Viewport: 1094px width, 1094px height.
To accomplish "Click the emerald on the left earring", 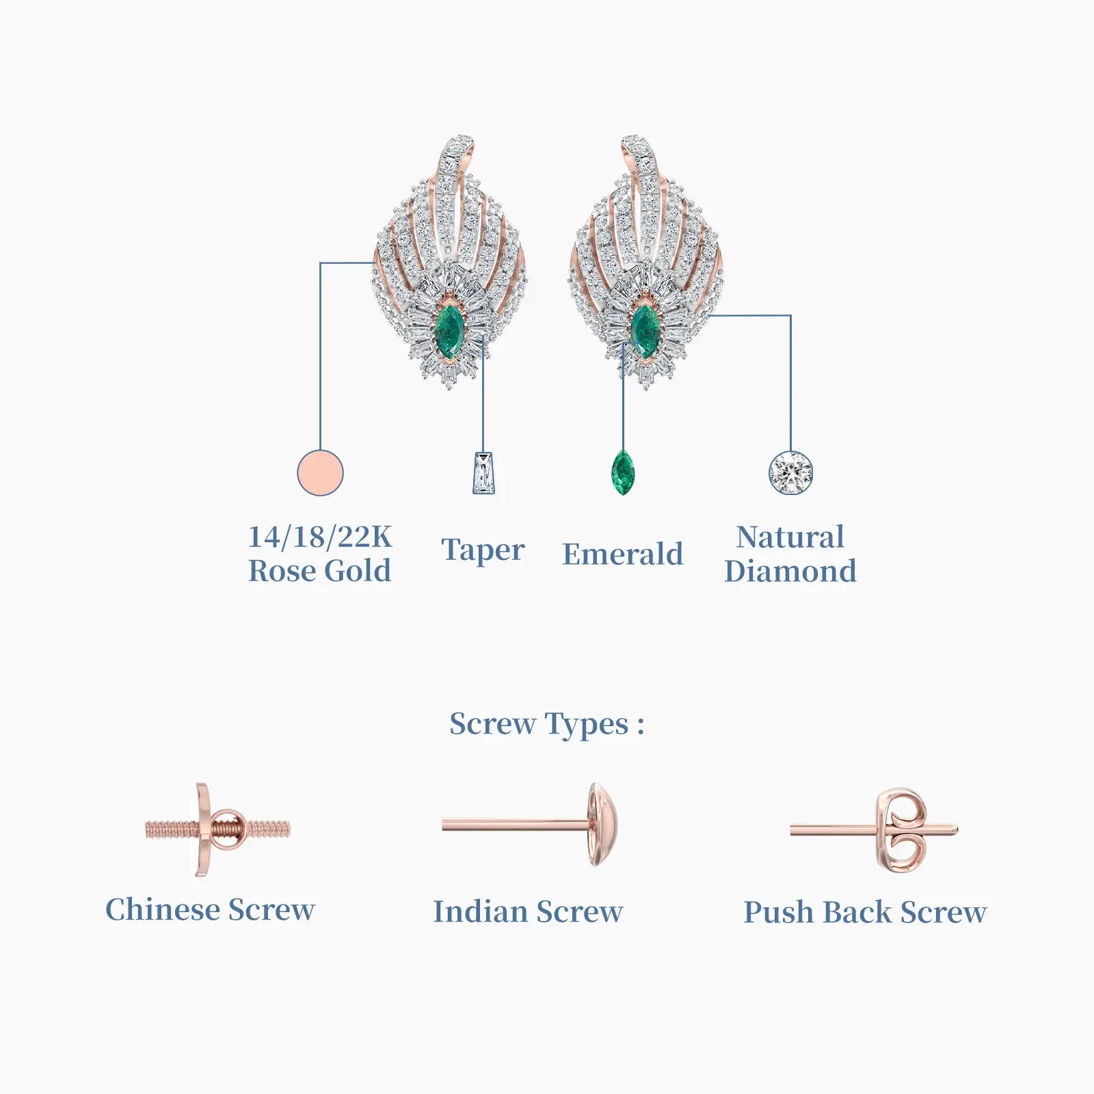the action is coord(450,330).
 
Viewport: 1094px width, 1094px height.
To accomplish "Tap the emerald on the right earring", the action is coord(645,330).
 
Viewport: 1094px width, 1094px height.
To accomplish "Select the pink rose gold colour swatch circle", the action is coord(320,472).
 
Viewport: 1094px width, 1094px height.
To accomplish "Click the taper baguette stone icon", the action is coord(483,473).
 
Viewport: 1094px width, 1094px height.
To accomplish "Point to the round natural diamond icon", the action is coord(790,472).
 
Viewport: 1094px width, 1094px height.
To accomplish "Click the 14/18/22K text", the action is coord(320,537).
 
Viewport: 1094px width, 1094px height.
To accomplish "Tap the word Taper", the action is coord(483,550).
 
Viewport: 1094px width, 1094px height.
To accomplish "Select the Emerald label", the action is coord(623,553).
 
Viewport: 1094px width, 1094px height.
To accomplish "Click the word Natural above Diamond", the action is coord(790,537).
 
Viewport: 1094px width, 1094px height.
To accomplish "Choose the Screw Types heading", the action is coord(546,724).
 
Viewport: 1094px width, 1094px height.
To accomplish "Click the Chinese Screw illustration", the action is coord(217,829).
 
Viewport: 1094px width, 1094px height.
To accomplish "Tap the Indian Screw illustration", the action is coord(531,825).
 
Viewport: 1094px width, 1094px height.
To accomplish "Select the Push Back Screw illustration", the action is coord(874,830).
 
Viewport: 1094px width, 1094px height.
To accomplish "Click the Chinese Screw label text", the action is coord(210,909).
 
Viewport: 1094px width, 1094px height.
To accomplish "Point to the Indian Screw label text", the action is coord(528,911).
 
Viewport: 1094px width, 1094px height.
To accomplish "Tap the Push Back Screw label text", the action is coord(865,912).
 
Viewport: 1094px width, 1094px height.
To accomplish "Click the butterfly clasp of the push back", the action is coord(903,830).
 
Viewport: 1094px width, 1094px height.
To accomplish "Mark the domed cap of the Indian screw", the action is coord(604,825).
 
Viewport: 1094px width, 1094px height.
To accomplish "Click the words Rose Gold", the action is coord(320,571).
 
